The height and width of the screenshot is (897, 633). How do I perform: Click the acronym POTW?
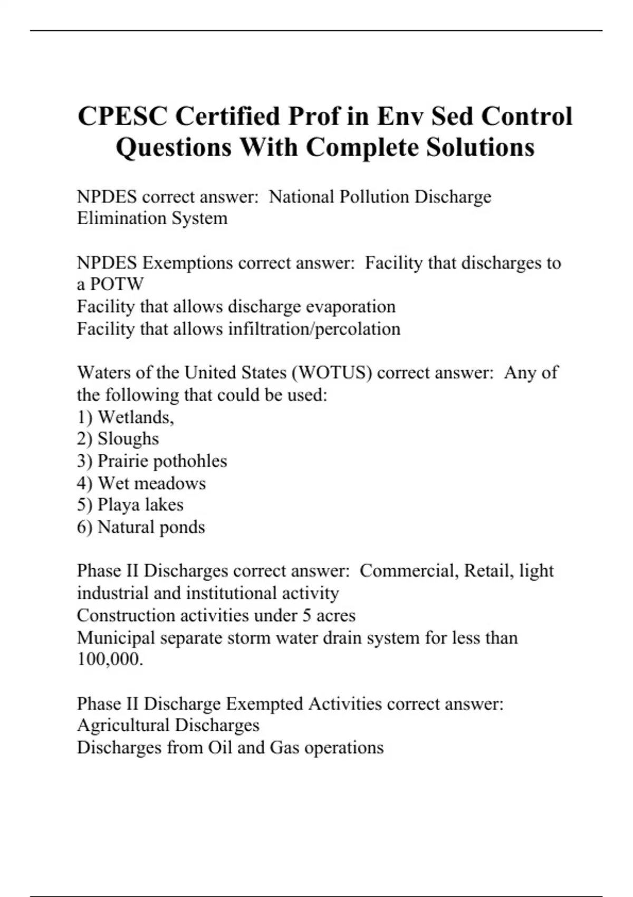pyautogui.click(x=117, y=284)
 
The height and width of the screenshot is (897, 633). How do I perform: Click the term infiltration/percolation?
pyautogui.click(x=314, y=329)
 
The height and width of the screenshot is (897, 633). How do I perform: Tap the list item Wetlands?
pyautogui.click(x=136, y=417)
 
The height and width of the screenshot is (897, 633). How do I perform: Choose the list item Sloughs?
pyautogui.click(x=128, y=438)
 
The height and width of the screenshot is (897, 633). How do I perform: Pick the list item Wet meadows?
pyautogui.click(x=152, y=483)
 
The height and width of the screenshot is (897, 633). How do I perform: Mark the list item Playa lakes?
pyautogui.click(x=141, y=505)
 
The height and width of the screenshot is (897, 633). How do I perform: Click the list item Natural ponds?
pyautogui.click(x=151, y=527)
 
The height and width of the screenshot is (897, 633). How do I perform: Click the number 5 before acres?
pyautogui.click(x=306, y=615)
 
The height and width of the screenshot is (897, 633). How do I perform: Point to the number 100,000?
pyautogui.click(x=110, y=659)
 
